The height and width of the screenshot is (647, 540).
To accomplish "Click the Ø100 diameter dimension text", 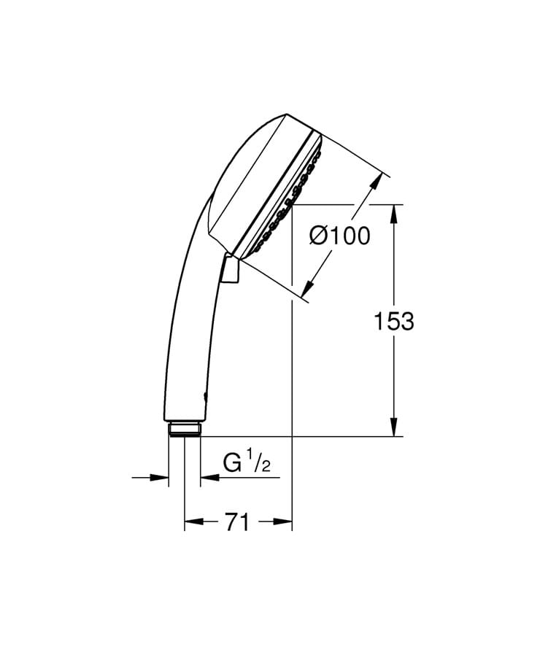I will point(339,236).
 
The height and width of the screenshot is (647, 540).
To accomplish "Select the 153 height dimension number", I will point(393,321).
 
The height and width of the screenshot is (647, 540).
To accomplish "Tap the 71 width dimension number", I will point(237,522).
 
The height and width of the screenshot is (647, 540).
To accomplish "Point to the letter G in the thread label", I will point(232,465).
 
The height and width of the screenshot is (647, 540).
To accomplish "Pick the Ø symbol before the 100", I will point(317,236).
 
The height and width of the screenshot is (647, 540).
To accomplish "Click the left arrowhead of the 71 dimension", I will point(192,522).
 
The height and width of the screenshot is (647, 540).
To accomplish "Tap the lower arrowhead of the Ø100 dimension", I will point(307,290).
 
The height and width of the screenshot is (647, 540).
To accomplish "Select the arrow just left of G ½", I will point(208,478).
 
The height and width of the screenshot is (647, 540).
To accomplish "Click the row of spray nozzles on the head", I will point(288,197).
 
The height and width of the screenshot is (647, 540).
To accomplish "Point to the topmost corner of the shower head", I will point(285,115).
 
